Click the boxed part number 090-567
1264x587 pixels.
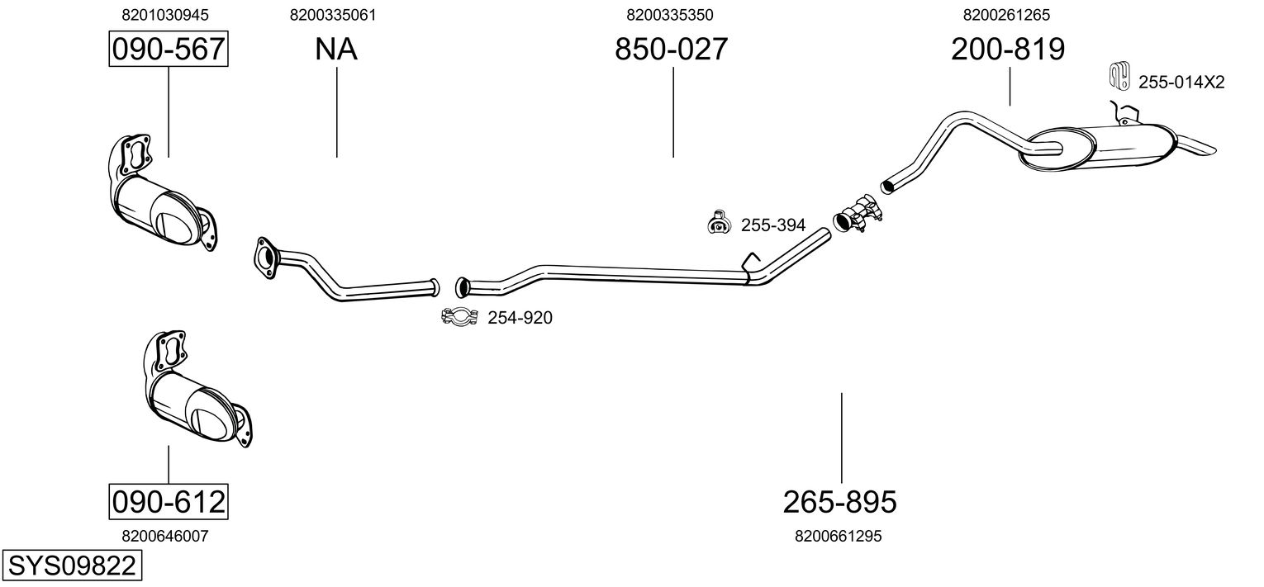(x=169, y=50)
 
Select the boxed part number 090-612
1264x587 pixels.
(x=169, y=501)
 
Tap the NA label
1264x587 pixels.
(x=336, y=50)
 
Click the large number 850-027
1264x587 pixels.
(x=672, y=50)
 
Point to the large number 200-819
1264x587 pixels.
(x=1008, y=50)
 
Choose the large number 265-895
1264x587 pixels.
(x=840, y=501)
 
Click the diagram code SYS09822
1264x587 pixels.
(x=71, y=566)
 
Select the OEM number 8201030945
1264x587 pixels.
(x=165, y=15)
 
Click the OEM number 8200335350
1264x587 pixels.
(x=670, y=15)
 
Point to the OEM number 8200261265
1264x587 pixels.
(x=1006, y=15)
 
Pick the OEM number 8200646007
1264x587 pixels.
(x=165, y=536)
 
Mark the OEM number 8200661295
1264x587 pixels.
(x=839, y=536)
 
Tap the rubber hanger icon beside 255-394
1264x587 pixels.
(x=719, y=222)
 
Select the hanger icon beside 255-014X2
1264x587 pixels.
(x=1119, y=76)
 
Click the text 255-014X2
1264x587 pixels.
(x=1181, y=82)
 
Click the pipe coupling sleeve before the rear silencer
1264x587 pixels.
(x=856, y=213)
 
